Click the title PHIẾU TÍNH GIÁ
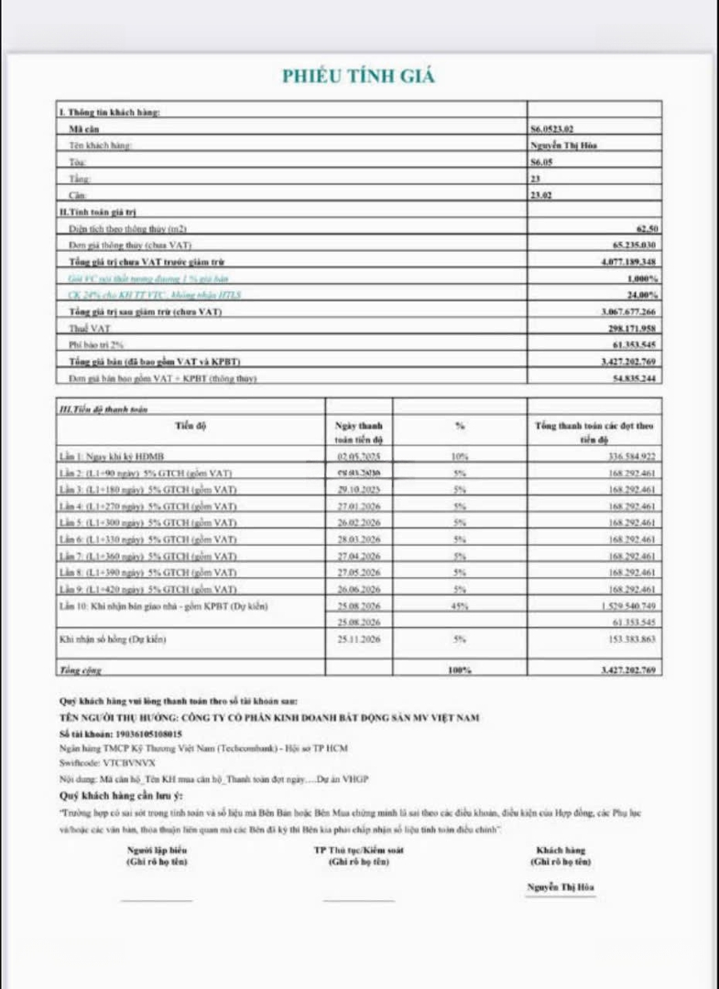click(358, 76)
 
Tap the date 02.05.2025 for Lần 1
click(358, 456)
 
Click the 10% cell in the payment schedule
click(460, 456)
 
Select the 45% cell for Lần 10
click(460, 606)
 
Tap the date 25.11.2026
click(358, 639)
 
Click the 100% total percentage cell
click(460, 671)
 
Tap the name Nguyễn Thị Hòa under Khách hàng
click(561, 887)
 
